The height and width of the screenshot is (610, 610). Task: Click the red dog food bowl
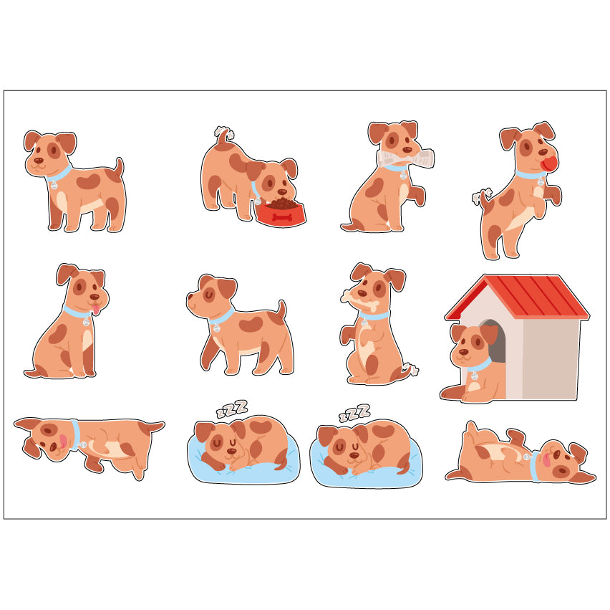tap(281, 214)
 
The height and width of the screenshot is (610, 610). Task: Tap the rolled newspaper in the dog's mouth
tap(405, 158)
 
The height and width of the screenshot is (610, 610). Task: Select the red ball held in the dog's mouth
tap(550, 164)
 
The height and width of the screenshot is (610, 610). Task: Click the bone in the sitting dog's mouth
tap(359, 300)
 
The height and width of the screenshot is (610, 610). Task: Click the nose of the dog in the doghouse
tap(464, 352)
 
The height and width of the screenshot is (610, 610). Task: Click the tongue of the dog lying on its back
tap(546, 459)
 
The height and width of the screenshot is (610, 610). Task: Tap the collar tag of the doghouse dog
tap(474, 376)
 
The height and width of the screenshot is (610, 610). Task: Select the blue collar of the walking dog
tap(221, 316)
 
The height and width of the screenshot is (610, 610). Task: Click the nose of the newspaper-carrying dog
tap(407, 150)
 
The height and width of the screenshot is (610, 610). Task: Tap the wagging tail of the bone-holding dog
tap(410, 369)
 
